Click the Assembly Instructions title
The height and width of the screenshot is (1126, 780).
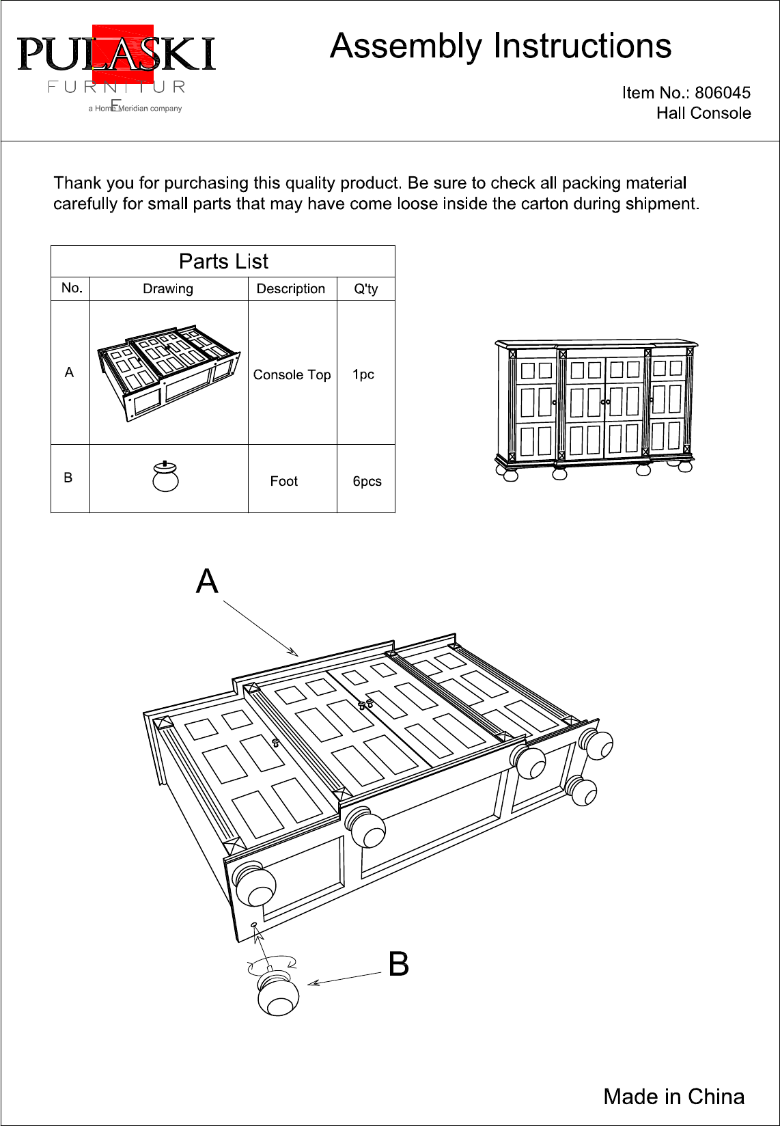[501, 46]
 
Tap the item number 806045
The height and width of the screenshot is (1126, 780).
[723, 93]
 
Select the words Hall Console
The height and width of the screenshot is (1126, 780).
[704, 113]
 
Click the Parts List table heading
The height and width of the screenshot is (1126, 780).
[223, 262]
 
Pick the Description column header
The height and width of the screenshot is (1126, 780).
[291, 288]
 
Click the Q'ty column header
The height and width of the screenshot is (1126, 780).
[365, 288]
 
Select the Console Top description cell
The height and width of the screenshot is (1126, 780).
[292, 374]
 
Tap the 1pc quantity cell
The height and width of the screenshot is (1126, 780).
[363, 374]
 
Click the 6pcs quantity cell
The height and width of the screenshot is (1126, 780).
[367, 481]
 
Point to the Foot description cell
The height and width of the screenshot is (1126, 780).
[283, 481]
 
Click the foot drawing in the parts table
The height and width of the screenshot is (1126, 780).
[165, 477]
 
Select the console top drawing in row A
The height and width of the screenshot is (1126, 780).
[168, 372]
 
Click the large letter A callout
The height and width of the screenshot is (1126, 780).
[207, 581]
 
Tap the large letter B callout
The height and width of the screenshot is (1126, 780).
[399, 964]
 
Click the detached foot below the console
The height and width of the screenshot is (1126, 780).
[278, 994]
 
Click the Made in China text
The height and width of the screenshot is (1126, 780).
[673, 1097]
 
